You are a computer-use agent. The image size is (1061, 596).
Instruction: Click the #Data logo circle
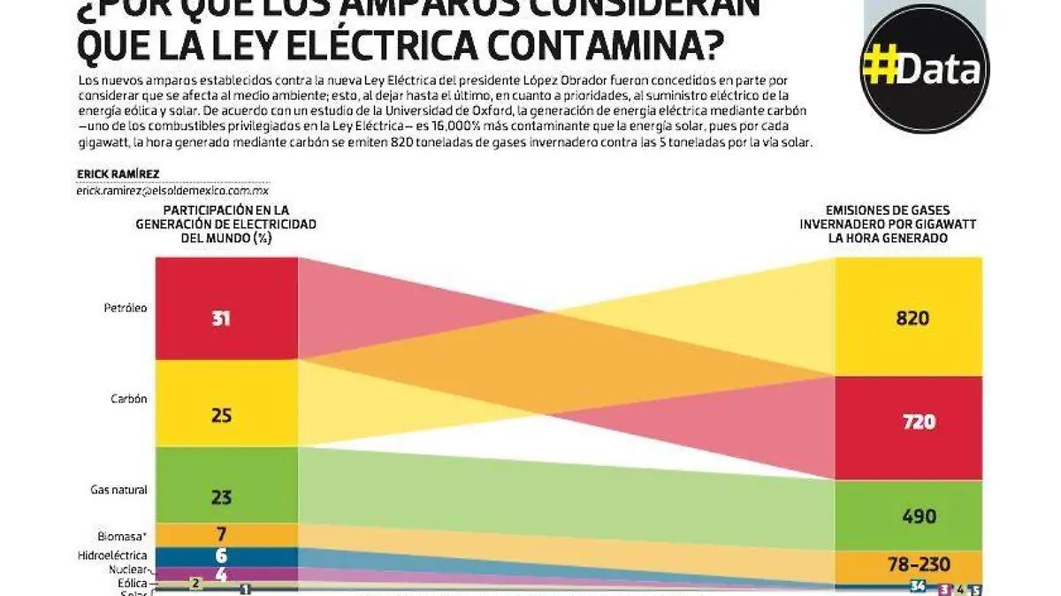click(x=925, y=68)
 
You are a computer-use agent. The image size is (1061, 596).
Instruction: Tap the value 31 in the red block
click(x=221, y=318)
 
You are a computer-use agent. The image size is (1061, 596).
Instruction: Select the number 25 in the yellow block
click(x=221, y=415)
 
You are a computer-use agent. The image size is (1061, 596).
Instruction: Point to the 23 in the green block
click(x=221, y=497)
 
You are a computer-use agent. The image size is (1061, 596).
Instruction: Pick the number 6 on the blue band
click(x=221, y=556)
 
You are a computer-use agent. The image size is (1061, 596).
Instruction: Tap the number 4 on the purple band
click(x=221, y=573)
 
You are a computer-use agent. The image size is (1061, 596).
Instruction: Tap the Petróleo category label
click(x=124, y=309)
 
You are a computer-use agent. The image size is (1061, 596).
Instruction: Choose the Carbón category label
click(x=128, y=399)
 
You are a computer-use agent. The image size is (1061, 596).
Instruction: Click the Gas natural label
click(x=118, y=490)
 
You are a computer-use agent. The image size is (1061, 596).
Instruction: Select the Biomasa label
click(x=122, y=536)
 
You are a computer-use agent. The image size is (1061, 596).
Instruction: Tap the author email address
click(x=172, y=190)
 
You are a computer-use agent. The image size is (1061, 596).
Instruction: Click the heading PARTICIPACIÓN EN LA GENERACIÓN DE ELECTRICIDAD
click(x=225, y=224)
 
